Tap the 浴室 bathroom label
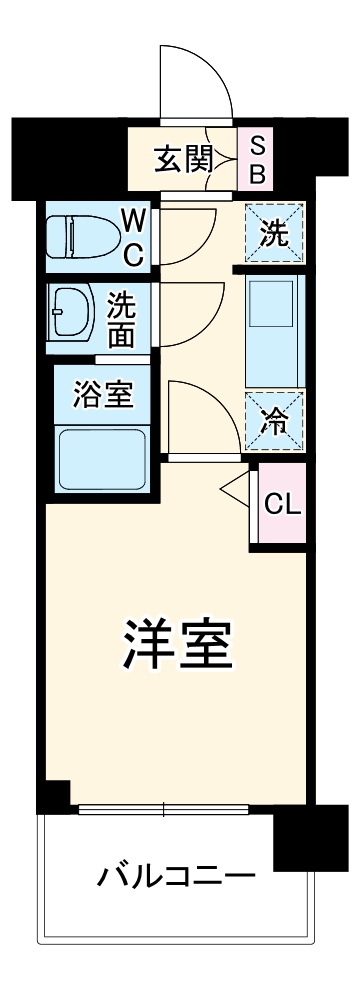102,394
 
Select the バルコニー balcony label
175,878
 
